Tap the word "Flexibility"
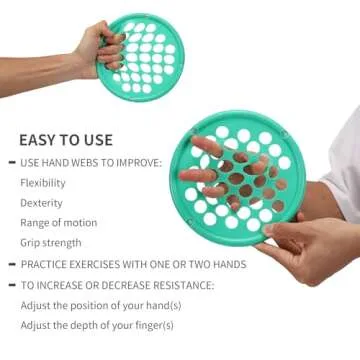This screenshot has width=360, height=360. pos(43,183)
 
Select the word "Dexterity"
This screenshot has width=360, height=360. pos(40,203)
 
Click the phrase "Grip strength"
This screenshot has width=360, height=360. pos(50,243)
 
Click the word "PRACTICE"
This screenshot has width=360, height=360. pos(48,264)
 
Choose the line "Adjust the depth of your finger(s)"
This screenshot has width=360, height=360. pos(88,325)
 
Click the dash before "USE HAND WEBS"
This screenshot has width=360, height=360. pos(11,162)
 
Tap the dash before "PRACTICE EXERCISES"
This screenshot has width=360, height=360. pos(11,264)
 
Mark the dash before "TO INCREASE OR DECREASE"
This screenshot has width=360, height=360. pos(11,284)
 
